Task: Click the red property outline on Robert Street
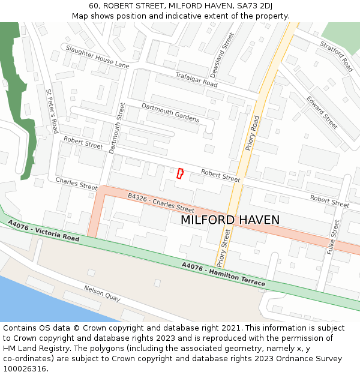click(x=180, y=173)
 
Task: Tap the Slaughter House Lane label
click(x=97, y=56)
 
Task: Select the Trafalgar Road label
click(x=196, y=79)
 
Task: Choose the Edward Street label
click(x=322, y=112)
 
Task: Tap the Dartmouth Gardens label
click(x=170, y=112)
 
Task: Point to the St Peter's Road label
click(x=52, y=111)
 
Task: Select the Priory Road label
click(x=253, y=133)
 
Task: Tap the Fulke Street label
click(x=333, y=238)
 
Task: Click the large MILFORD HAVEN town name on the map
click(x=230, y=220)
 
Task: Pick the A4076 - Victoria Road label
click(x=43, y=230)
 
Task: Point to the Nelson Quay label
click(x=102, y=293)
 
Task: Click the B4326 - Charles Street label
click(x=161, y=203)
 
